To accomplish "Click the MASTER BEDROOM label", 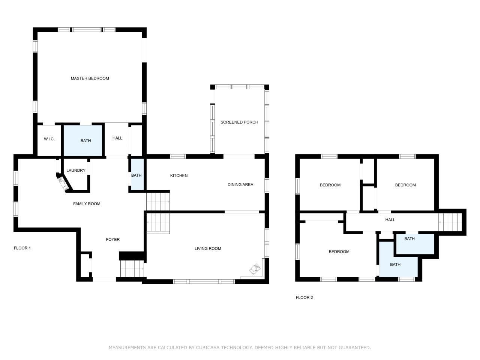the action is pyautogui.click(x=90, y=78).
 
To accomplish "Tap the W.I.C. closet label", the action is pyautogui.click(x=49, y=139).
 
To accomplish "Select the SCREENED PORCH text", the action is pyautogui.click(x=239, y=122).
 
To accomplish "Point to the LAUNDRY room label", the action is pyautogui.click(x=76, y=170).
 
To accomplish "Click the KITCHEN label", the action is pyautogui.click(x=178, y=175).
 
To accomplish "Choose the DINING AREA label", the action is pyautogui.click(x=240, y=184).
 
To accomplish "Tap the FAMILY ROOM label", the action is pyautogui.click(x=87, y=204).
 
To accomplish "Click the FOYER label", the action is pyautogui.click(x=112, y=240).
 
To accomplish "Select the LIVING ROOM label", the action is pyautogui.click(x=208, y=249).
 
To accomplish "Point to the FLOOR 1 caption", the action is pyautogui.click(x=22, y=248).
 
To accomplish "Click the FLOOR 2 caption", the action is pyautogui.click(x=304, y=297).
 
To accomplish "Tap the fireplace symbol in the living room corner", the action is pyautogui.click(x=255, y=269).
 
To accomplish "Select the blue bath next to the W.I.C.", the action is pyautogui.click(x=83, y=141).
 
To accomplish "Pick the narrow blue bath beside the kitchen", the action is pyautogui.click(x=137, y=174).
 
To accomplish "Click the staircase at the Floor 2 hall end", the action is pyautogui.click(x=450, y=222).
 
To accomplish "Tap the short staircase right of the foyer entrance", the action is pyautogui.click(x=132, y=268).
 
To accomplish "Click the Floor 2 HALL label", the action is pyautogui.click(x=390, y=220).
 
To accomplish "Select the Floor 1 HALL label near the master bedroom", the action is pyautogui.click(x=117, y=138).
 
